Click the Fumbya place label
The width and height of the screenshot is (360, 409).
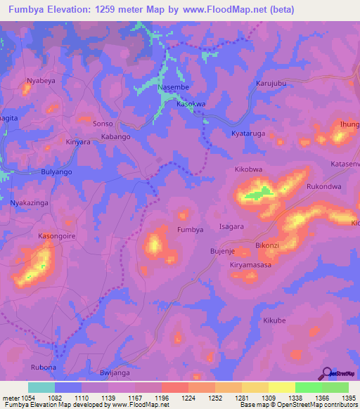tap(190, 230)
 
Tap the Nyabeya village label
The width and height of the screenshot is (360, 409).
tap(41, 81)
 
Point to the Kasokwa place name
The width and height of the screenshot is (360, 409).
tap(191, 103)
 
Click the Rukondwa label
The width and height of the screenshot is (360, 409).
tap(323, 187)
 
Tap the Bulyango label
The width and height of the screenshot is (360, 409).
tap(57, 171)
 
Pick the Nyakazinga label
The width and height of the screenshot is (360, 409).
tap(31, 202)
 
